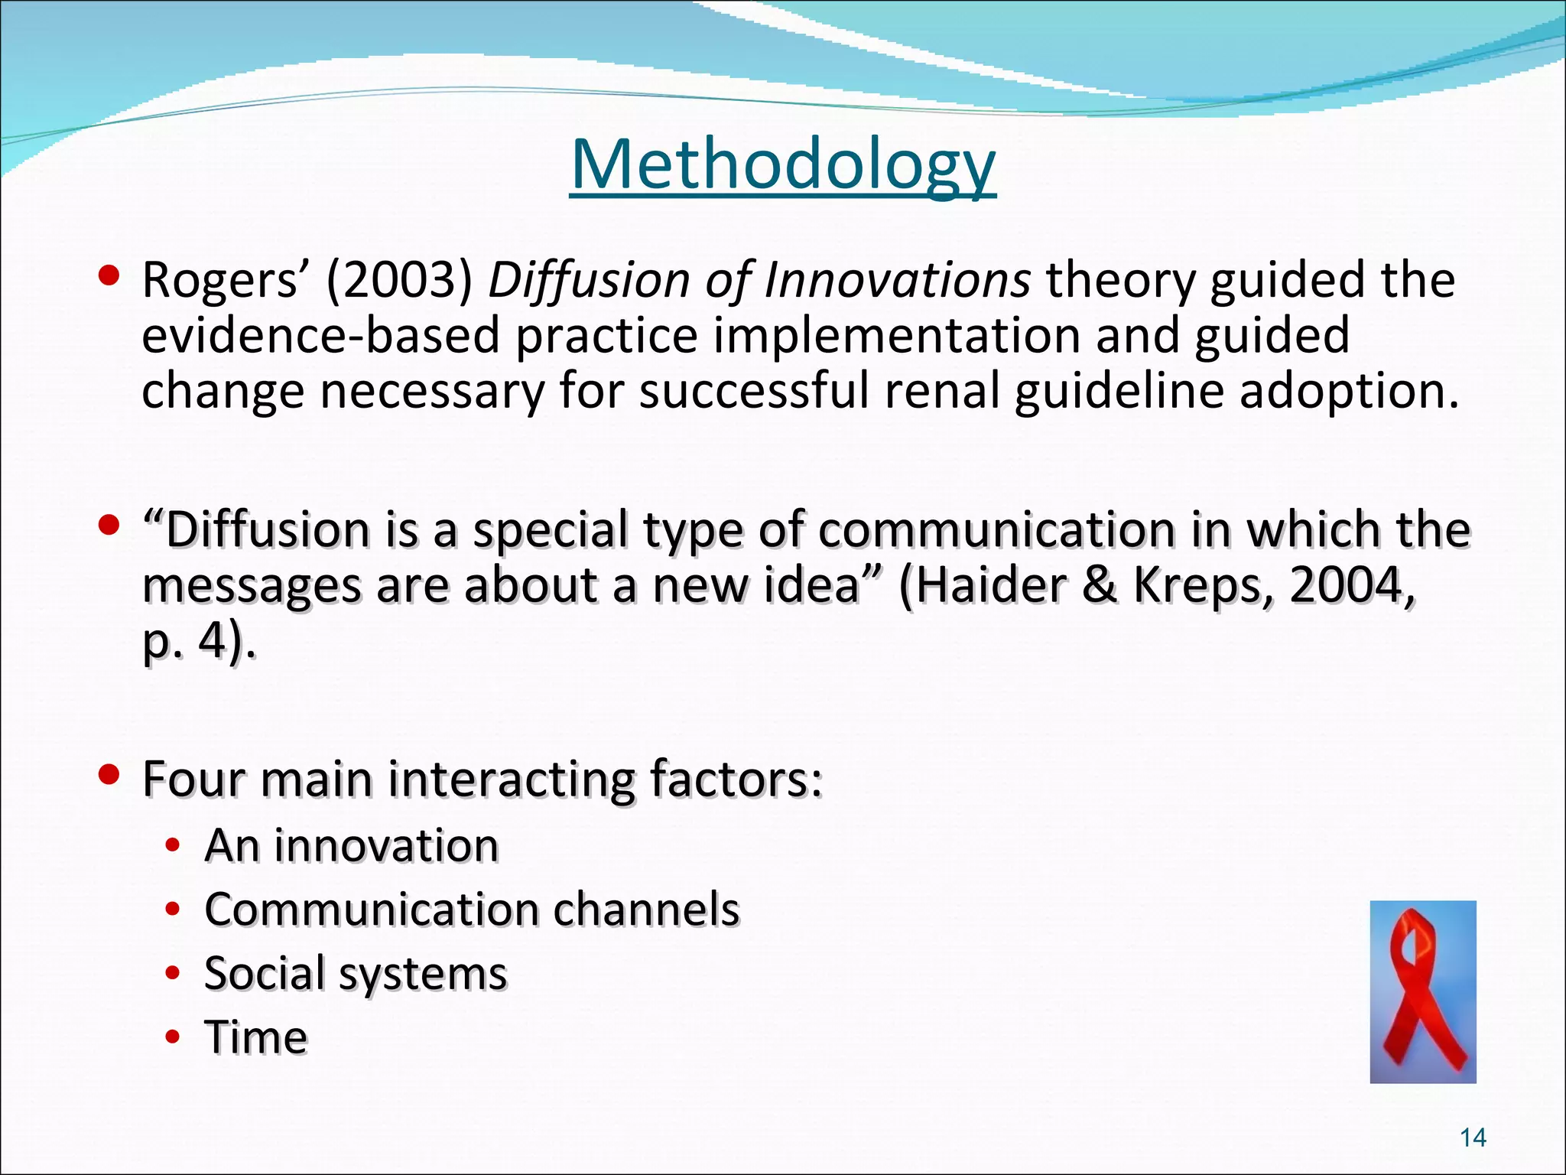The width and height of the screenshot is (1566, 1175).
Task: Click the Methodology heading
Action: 782,164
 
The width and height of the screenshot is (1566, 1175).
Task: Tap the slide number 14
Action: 1473,1138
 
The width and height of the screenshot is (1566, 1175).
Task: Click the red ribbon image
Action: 1422,991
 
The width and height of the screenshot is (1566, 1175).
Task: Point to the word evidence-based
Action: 320,336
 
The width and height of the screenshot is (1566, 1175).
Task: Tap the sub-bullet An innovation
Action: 351,846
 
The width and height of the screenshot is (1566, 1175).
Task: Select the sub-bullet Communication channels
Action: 472,910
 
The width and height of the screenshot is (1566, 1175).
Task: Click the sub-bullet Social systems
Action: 356,974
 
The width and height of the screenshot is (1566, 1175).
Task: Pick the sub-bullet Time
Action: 256,1037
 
